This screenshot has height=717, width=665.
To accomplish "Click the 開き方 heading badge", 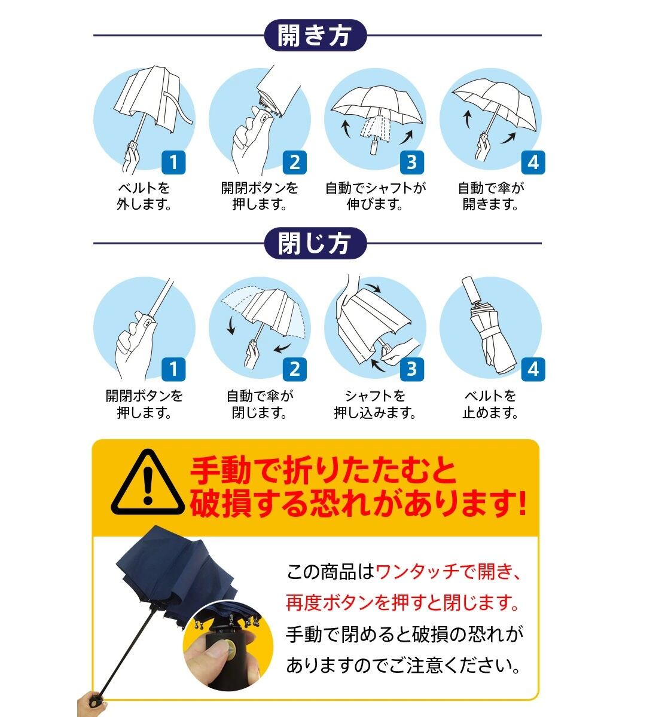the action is coord(316,35).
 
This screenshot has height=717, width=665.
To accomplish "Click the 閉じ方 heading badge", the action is coord(316,243).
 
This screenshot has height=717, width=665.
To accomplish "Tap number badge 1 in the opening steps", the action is coord(173,163).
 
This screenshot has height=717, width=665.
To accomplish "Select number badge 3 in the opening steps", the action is coord(412,163).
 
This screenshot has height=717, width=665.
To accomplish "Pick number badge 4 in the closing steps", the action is coord(533,369).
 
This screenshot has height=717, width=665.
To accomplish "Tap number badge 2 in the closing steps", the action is coord(295,369).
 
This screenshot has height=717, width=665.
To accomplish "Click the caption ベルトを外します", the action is coord(144,196).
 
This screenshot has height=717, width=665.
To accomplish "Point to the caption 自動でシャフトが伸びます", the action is coord(376,196).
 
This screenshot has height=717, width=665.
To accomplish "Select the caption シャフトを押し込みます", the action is coord(375,404).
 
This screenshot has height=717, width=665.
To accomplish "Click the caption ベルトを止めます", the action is coord(490,404).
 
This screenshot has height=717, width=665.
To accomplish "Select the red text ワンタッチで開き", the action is coord(448,572).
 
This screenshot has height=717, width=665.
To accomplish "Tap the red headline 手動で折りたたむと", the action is coord(323,471).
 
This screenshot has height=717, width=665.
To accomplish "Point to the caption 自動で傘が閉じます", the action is coord(260,404).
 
